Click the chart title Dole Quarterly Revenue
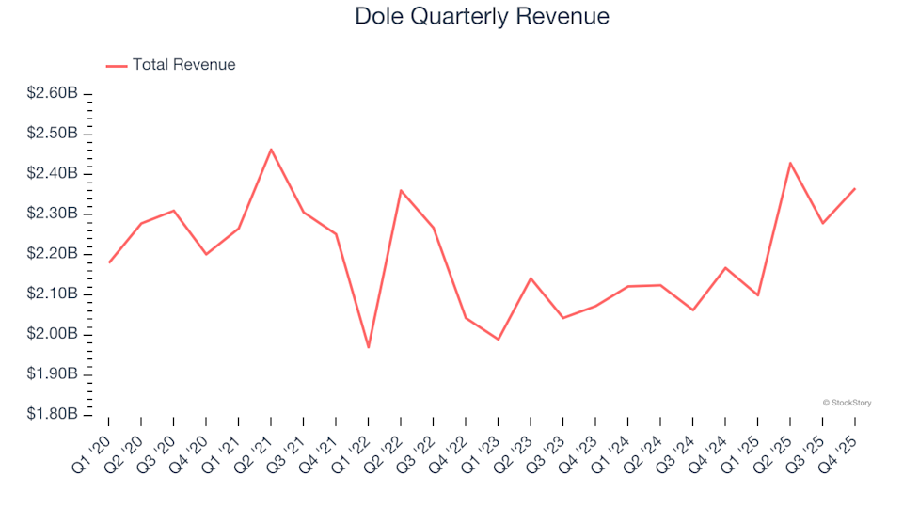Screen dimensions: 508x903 click(482, 17)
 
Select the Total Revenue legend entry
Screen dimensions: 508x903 click(183, 65)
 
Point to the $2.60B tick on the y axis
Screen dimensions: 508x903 click(52, 94)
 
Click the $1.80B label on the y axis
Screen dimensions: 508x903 click(52, 415)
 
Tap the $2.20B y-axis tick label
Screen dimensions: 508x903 click(52, 254)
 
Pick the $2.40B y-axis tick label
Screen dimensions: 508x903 click(52, 174)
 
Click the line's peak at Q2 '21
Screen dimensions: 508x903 click(271, 149)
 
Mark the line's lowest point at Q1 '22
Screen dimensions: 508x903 click(369, 347)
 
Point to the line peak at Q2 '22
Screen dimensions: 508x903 click(401, 190)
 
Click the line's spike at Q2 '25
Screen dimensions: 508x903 click(790, 163)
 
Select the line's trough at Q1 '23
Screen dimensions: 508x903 click(498, 340)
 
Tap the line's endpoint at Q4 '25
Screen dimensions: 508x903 click(855, 188)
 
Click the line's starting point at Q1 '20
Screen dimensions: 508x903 click(109, 262)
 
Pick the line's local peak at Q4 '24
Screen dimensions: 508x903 click(725, 267)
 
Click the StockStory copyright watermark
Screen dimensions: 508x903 click(847, 403)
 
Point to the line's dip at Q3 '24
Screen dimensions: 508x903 click(693, 310)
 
